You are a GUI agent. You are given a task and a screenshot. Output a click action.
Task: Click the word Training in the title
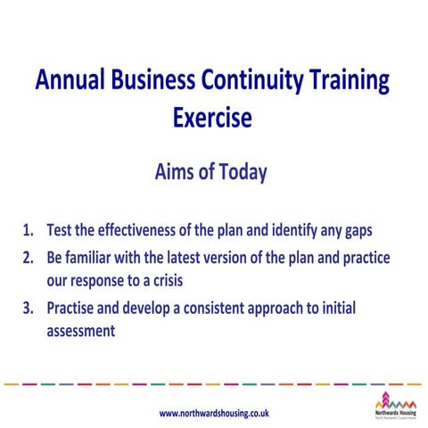click(x=347, y=81)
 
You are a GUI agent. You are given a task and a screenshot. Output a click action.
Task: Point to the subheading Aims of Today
click(x=212, y=173)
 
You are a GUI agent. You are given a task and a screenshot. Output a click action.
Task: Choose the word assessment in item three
click(x=80, y=331)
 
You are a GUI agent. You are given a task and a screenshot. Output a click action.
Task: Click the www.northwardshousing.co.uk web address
click(x=214, y=413)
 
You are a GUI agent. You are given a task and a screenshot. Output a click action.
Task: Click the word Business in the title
click(x=150, y=81)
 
